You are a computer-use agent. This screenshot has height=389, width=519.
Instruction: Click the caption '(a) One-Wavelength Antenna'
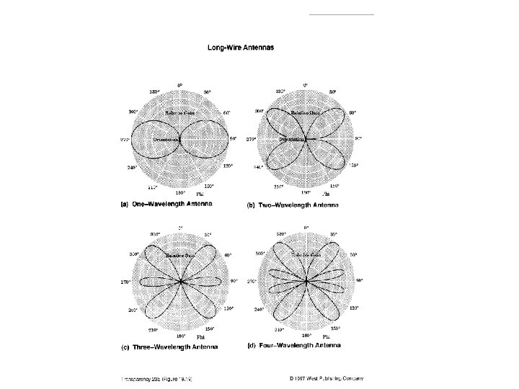click(x=169, y=205)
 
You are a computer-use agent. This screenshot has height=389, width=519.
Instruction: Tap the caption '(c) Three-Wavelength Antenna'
click(x=169, y=346)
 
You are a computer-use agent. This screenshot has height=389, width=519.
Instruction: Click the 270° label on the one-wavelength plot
click(x=124, y=140)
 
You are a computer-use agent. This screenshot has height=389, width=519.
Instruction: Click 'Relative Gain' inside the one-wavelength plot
click(x=180, y=113)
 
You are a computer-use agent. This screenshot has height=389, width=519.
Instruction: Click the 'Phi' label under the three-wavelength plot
click(x=202, y=338)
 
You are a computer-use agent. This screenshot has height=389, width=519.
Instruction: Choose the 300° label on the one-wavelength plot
click(x=133, y=112)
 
